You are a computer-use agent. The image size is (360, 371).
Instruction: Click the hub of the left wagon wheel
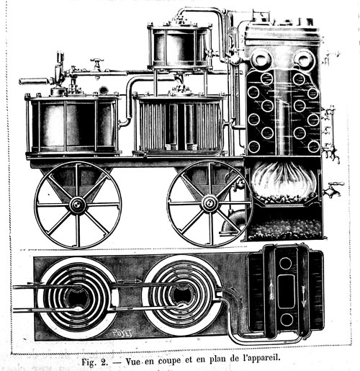point(77,205)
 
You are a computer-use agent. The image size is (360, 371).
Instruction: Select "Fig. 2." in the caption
point(94,361)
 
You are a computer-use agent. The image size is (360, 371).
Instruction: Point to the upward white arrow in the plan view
point(271,290)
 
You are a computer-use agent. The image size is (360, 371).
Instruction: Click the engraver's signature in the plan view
point(122,332)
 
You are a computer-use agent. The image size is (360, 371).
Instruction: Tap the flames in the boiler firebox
point(284,179)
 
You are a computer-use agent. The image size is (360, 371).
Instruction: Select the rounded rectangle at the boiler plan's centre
point(286,291)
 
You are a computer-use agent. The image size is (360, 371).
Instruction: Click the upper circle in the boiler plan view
point(286,263)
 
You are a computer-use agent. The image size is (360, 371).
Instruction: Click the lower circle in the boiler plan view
point(287,320)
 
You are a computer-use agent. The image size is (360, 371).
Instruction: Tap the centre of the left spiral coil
point(78,298)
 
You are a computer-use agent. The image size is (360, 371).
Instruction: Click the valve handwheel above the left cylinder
point(97,60)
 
